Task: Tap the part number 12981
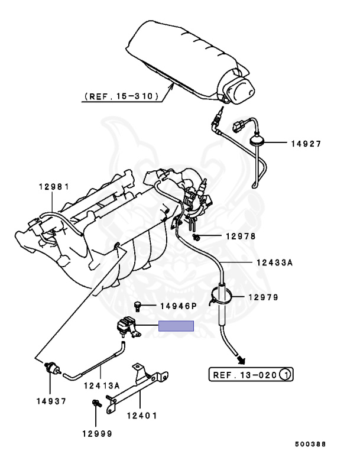click(54, 187)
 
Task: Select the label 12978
click(241, 236)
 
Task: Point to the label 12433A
click(273, 263)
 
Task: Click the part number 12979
click(263, 297)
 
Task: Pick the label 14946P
click(178, 306)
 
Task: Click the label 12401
click(142, 415)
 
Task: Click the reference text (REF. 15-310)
click(121, 95)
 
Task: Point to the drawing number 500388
click(310, 443)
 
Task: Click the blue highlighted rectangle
click(176, 326)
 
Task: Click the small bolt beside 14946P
click(138, 306)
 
